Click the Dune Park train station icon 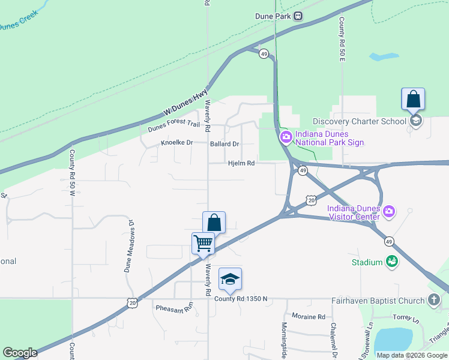click(298, 16)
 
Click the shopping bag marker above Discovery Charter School click(413, 99)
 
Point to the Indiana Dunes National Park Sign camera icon click(286, 137)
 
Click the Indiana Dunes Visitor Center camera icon click(389, 211)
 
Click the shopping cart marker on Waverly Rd click(203, 244)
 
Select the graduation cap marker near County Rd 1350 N click(230, 279)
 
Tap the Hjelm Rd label click(241, 163)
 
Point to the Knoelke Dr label click(176, 143)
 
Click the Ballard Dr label click(224, 144)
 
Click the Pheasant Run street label click(173, 308)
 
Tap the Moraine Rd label click(308, 316)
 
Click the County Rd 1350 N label click(241, 299)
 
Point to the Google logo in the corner click(20, 353)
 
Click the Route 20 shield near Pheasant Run click(133, 304)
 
